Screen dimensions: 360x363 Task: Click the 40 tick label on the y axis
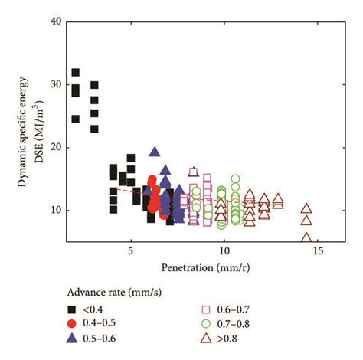coord(53,21)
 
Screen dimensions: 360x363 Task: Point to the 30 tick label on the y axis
coord(53,84)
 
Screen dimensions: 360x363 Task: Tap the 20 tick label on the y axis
coord(53,147)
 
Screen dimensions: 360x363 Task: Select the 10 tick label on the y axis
coord(53,210)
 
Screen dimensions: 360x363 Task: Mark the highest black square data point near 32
coord(75,73)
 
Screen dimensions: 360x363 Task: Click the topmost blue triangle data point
coord(154,152)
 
